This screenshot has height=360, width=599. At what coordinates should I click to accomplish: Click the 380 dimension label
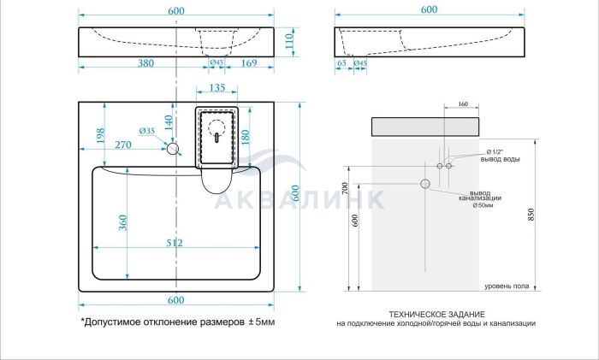tap(145, 62)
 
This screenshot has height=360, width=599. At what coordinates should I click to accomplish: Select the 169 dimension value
tap(249, 62)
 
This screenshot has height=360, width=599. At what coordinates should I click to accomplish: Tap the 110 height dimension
tap(289, 41)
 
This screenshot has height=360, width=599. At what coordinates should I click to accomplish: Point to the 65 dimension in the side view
tap(342, 62)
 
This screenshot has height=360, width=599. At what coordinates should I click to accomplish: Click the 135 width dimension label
tap(217, 88)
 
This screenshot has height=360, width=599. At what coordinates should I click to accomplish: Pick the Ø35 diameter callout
tap(146, 131)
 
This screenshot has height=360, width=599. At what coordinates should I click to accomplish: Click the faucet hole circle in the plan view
tap(173, 149)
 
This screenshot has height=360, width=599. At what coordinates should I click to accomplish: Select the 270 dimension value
tap(123, 145)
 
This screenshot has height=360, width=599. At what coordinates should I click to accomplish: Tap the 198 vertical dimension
tap(100, 136)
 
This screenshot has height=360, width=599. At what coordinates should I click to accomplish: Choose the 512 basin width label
tap(175, 243)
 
